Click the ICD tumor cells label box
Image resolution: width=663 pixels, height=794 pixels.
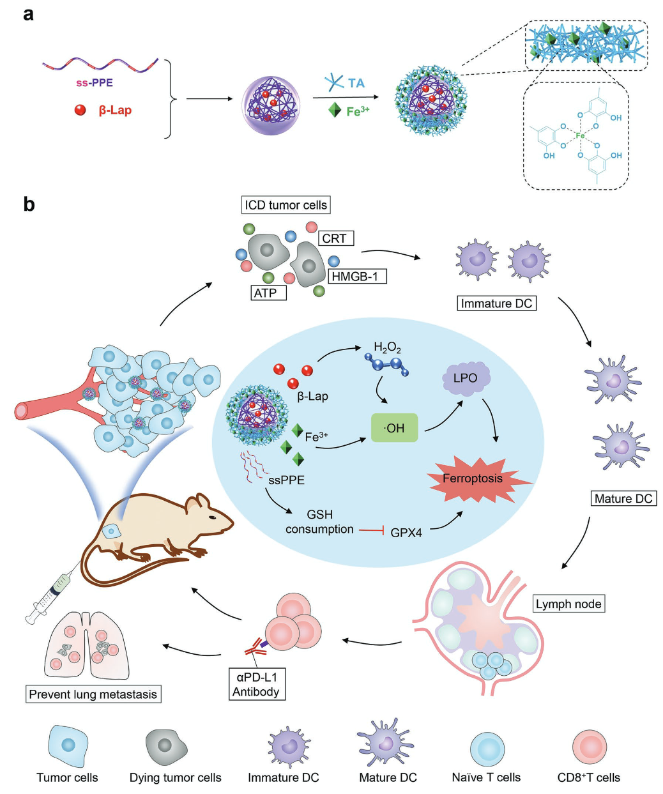coord(286,205)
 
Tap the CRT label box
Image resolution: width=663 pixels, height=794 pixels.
coord(335,238)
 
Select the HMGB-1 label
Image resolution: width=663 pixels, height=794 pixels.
coord(358,277)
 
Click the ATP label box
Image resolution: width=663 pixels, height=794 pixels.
coord(268,293)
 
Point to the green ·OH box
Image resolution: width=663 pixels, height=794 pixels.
coord(395,428)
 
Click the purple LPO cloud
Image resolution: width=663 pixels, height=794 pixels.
coord(466,379)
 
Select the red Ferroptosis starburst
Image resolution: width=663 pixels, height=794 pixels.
coord(473,478)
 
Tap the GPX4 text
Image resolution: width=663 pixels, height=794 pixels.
coord(406,532)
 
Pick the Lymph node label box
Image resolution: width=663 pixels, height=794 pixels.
coord(568,604)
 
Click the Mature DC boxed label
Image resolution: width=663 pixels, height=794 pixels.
coord(623,498)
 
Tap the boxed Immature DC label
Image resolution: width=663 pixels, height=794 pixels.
coord(496,303)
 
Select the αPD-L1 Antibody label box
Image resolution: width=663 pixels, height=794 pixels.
coord(255,683)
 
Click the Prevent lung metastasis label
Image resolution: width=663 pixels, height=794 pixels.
coord(93,694)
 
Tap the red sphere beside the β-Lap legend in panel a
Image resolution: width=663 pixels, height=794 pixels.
coord(80,110)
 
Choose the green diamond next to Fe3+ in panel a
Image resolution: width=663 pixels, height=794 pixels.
coord(335,110)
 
